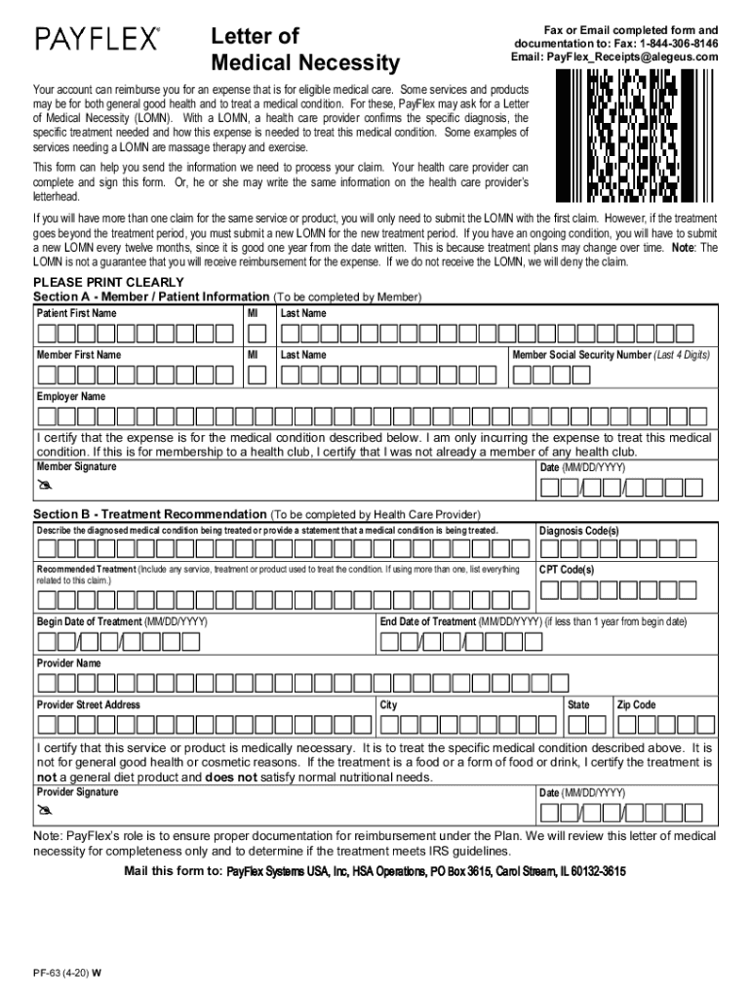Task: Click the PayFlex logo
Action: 98,39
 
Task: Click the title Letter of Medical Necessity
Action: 305,51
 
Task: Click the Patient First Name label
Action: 76,313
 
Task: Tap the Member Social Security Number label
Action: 612,355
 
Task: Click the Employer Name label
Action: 71,397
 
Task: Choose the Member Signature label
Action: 76,466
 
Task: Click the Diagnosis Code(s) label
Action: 579,531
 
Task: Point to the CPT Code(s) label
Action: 567,570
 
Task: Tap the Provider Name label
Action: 69,663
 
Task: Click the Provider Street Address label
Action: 89,704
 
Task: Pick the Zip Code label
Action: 637,704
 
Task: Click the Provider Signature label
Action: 78,792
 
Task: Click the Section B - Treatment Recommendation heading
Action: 150,514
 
